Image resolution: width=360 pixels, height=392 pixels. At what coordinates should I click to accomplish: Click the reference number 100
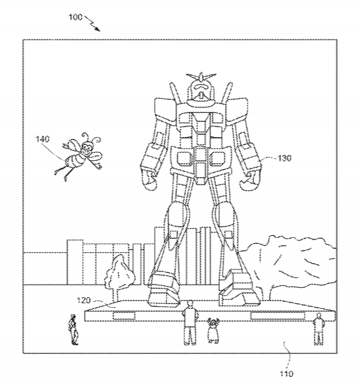75,17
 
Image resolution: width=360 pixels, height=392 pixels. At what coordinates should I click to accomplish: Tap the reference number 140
42,139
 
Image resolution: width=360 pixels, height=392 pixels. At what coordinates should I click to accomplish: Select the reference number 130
284,158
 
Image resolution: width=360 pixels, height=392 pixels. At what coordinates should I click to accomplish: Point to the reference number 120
84,300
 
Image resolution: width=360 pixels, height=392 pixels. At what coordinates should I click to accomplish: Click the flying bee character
79,155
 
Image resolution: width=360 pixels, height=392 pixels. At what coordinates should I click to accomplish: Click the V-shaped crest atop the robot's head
201,76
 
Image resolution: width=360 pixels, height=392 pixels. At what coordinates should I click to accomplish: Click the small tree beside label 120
120,277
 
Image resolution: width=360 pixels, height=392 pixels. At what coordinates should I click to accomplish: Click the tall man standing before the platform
190,323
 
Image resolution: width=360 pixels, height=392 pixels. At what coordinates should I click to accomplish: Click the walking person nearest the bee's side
73,329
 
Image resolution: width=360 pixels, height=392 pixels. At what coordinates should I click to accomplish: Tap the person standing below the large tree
319,329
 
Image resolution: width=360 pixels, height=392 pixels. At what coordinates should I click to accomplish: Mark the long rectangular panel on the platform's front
278,316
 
